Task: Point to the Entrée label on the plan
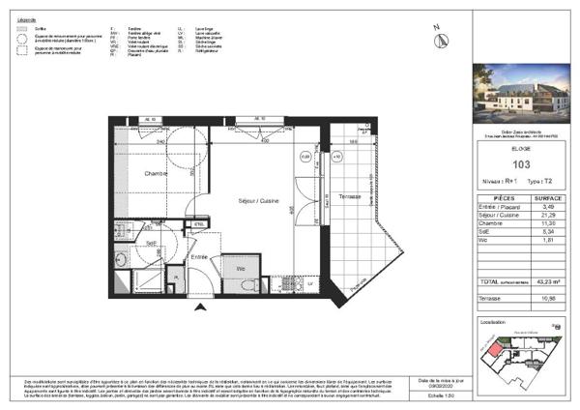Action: [x=198, y=256]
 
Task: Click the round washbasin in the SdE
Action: [x=125, y=258]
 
